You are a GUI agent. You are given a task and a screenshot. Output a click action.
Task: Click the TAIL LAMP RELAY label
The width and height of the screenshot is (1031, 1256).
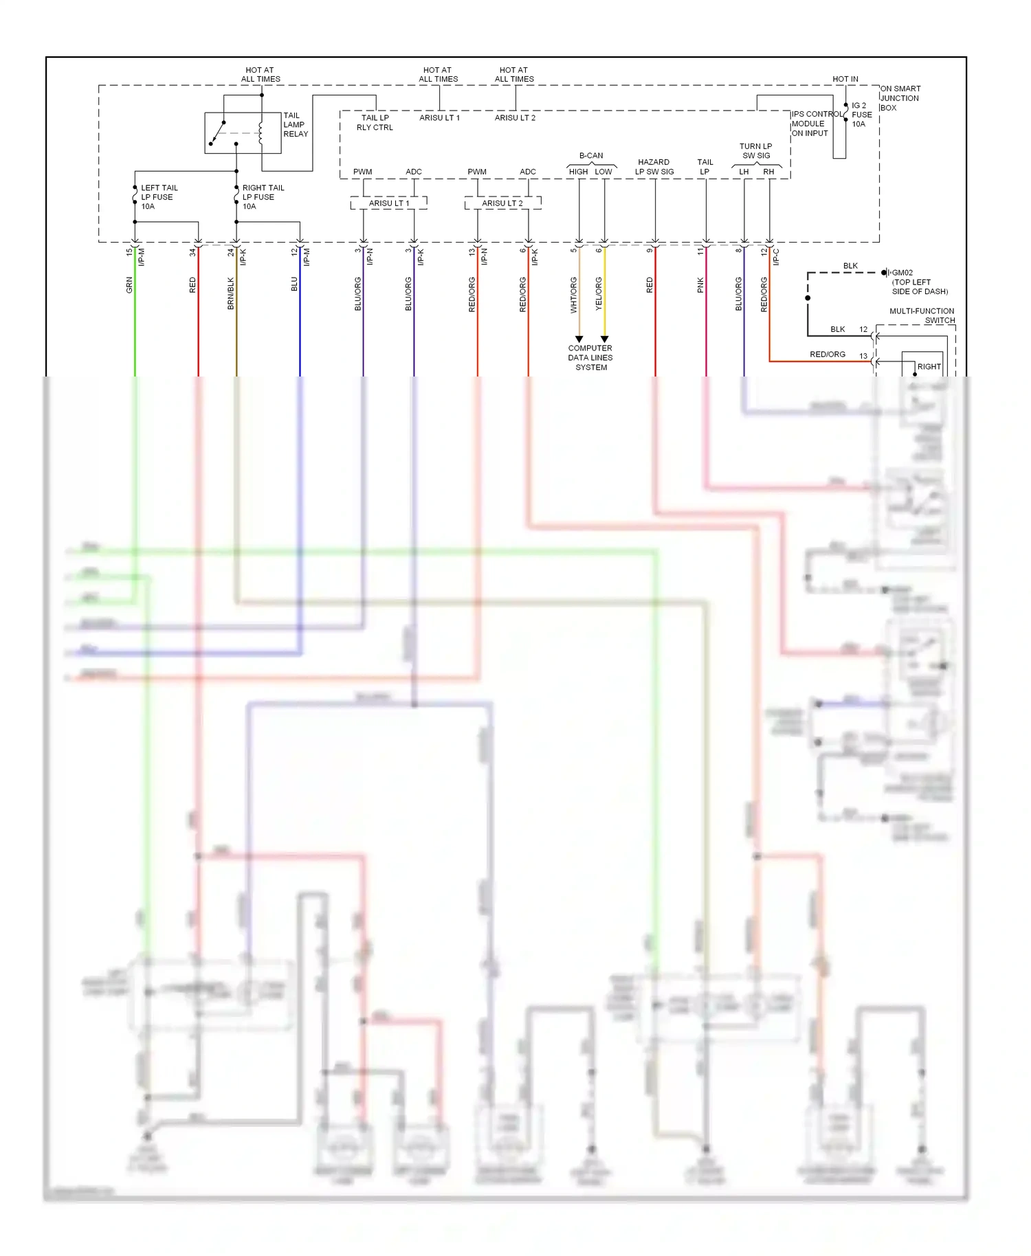pyautogui.click(x=296, y=125)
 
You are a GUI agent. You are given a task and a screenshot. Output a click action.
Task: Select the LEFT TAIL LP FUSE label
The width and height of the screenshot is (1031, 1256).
pyautogui.click(x=159, y=197)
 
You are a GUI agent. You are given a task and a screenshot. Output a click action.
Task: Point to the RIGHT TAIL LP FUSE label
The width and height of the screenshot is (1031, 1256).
pyautogui.click(x=263, y=197)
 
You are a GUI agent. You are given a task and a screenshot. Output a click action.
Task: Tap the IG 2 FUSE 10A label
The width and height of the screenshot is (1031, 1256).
pyautogui.click(x=861, y=115)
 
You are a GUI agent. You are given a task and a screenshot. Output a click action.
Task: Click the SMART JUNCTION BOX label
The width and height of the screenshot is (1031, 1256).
pyautogui.click(x=900, y=98)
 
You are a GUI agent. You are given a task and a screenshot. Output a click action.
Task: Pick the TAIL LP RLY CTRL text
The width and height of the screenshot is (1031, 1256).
pyautogui.click(x=375, y=122)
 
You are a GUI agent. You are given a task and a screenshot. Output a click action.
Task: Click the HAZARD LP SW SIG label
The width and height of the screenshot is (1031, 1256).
pyautogui.click(x=654, y=167)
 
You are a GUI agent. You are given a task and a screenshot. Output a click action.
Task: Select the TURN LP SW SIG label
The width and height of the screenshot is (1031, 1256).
pyautogui.click(x=755, y=151)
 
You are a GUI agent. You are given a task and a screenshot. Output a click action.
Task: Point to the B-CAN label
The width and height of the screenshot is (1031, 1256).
pyautogui.click(x=590, y=156)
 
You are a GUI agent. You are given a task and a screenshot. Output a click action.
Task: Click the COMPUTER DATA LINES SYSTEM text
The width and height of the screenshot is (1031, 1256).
pyautogui.click(x=590, y=358)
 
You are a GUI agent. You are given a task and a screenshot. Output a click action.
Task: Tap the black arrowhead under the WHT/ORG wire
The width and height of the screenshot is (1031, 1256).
pyautogui.click(x=579, y=339)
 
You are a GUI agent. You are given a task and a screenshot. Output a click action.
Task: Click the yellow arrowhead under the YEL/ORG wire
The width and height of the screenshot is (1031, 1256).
pyautogui.click(x=604, y=339)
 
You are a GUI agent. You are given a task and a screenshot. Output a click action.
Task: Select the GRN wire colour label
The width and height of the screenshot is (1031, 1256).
pyautogui.click(x=129, y=285)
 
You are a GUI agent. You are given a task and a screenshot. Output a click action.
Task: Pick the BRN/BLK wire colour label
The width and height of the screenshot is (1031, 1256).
pyautogui.click(x=231, y=293)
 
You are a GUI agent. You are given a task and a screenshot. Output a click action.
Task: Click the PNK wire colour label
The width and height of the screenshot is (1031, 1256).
pyautogui.click(x=700, y=285)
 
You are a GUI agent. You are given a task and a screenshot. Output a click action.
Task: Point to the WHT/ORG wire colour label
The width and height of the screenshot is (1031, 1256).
pyautogui.click(x=573, y=295)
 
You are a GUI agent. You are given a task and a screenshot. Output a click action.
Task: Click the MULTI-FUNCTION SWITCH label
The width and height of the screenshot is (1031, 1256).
pyautogui.click(x=922, y=315)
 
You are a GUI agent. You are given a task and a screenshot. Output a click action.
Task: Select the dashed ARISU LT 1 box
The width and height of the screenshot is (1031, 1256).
pyautogui.click(x=388, y=203)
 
